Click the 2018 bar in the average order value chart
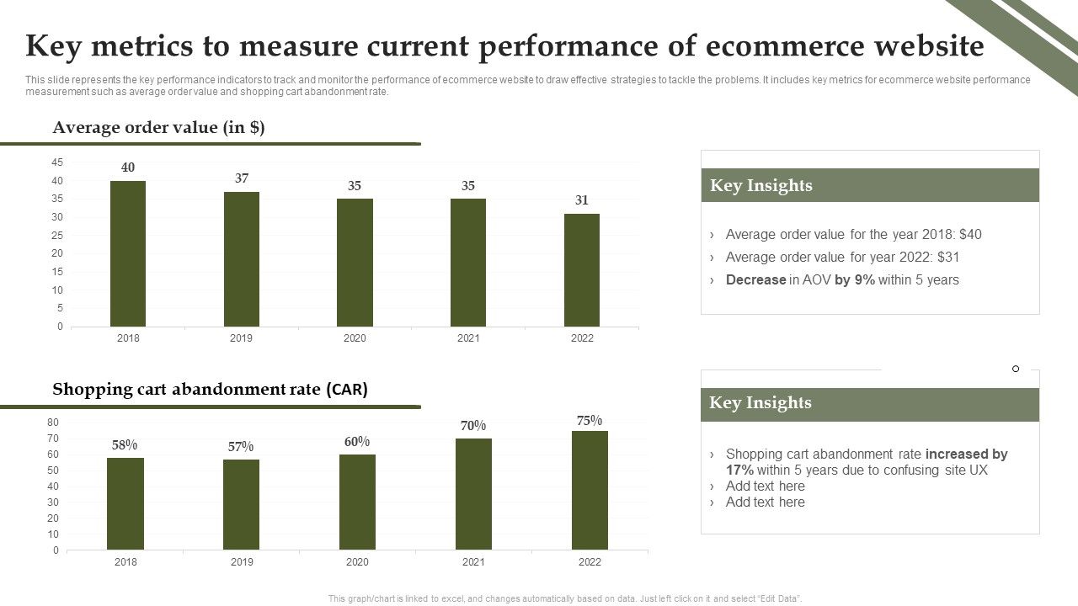(128, 253)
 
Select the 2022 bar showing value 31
(582, 269)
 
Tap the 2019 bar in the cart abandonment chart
(241, 504)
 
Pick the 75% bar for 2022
(590, 490)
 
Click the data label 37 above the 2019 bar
(242, 178)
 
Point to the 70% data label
(473, 426)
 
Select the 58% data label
(125, 445)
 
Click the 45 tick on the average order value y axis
(57, 162)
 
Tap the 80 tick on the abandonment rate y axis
(53, 423)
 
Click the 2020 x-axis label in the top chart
(355, 338)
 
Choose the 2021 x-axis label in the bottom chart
(473, 562)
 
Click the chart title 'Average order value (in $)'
(158, 128)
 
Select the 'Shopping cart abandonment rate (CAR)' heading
(210, 390)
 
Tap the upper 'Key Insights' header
(761, 185)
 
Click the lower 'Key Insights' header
(760, 403)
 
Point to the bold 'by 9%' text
(854, 280)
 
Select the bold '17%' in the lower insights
(739, 470)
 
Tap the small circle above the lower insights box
(1016, 369)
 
